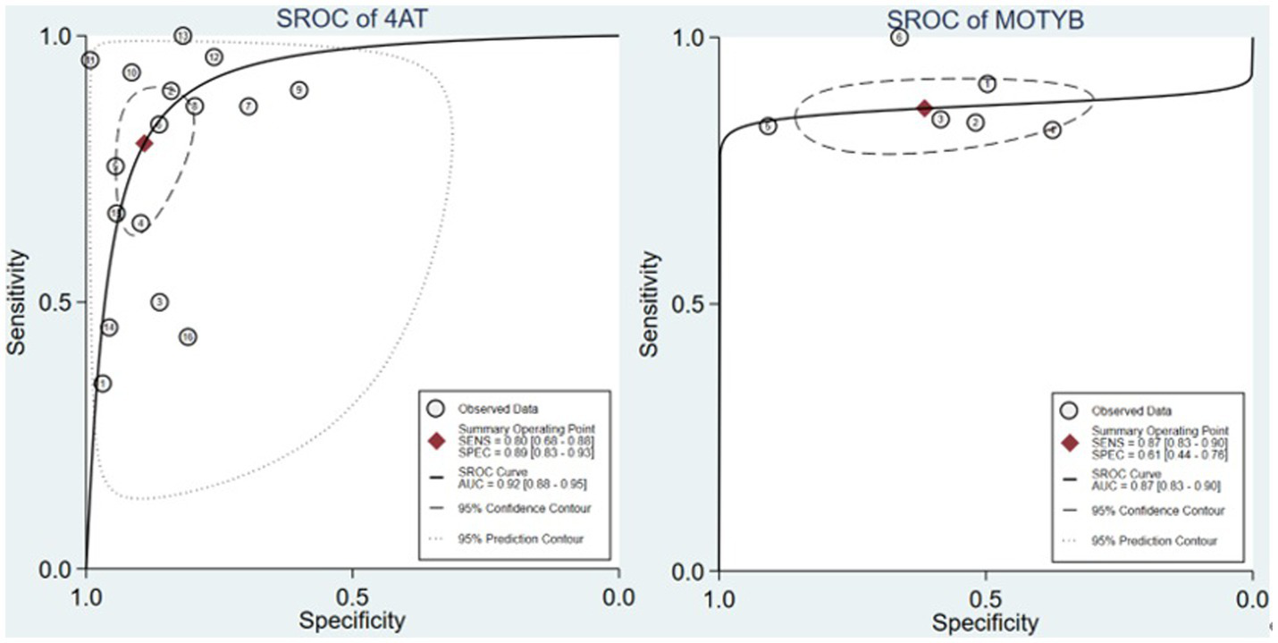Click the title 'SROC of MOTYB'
click(x=985, y=18)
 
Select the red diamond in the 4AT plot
click(x=144, y=143)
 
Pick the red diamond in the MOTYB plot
click(x=925, y=108)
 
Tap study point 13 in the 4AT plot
click(x=182, y=36)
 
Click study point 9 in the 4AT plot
click(x=298, y=89)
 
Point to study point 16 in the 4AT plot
click(x=188, y=337)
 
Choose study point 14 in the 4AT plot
click(x=108, y=327)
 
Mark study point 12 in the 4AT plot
click(x=214, y=57)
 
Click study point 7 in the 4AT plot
click(x=248, y=106)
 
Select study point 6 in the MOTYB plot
click(x=899, y=37)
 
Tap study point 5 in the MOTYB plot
click(x=768, y=126)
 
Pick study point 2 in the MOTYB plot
click(x=975, y=123)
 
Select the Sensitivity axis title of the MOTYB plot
click(x=651, y=304)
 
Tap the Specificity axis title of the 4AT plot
click(x=351, y=621)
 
